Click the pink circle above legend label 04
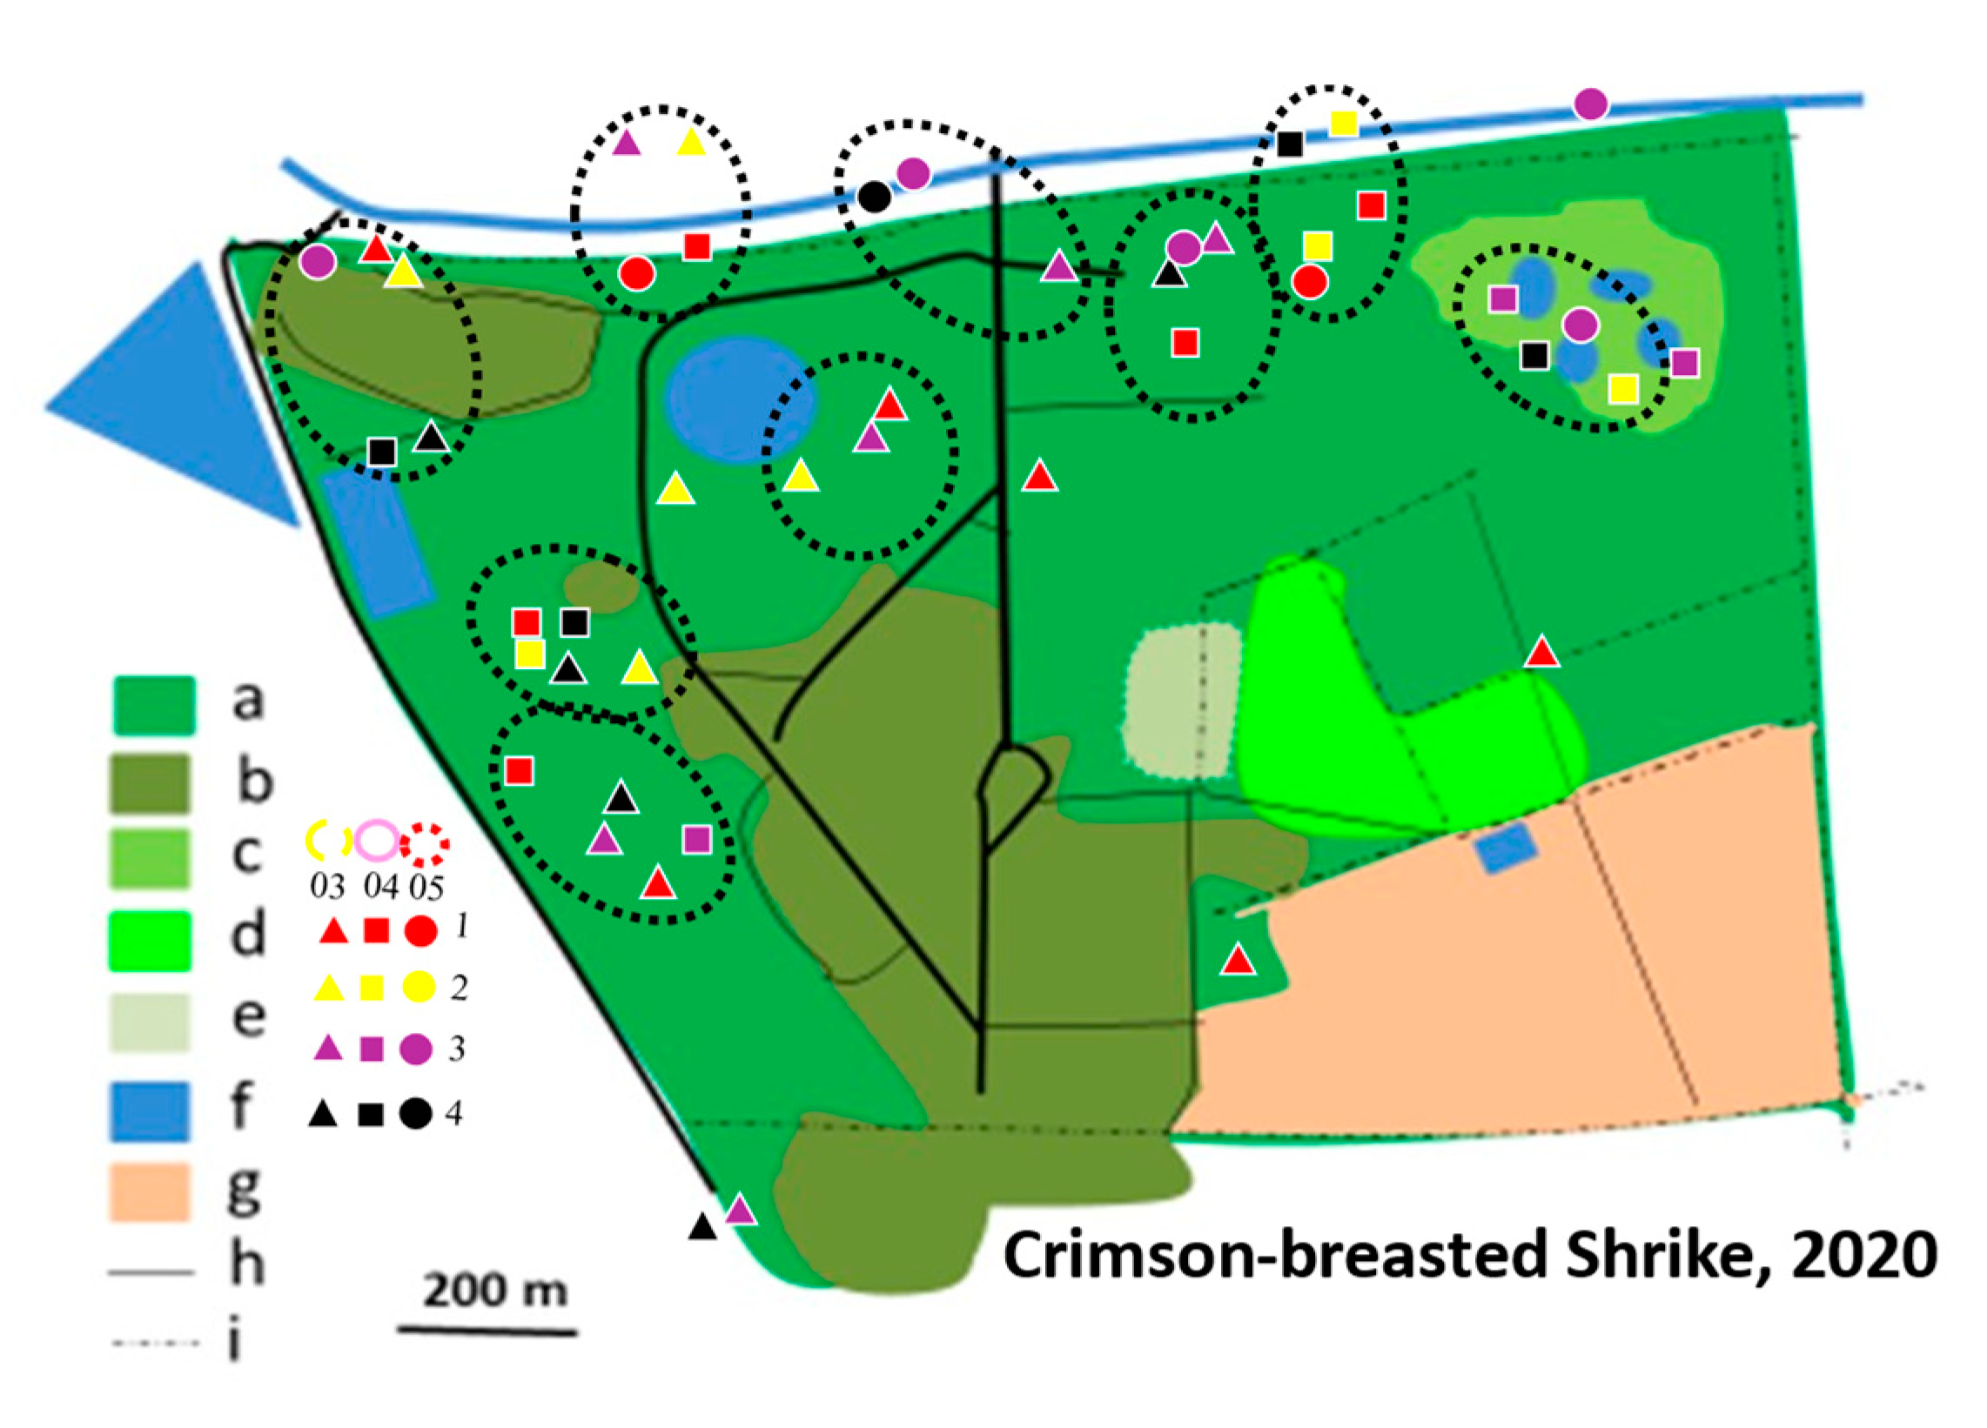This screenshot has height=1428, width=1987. [x=378, y=839]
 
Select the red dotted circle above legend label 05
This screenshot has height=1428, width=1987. [x=426, y=843]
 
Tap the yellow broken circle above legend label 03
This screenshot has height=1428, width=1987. [x=326, y=839]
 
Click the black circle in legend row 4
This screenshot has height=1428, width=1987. [x=415, y=1114]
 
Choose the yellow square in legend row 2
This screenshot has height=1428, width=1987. [x=372, y=989]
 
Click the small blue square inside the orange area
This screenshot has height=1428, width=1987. [x=1505, y=848]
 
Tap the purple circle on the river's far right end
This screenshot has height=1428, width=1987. [x=1590, y=104]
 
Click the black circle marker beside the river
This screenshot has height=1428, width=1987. [x=875, y=198]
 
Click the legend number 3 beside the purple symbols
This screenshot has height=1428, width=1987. [x=456, y=1048]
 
